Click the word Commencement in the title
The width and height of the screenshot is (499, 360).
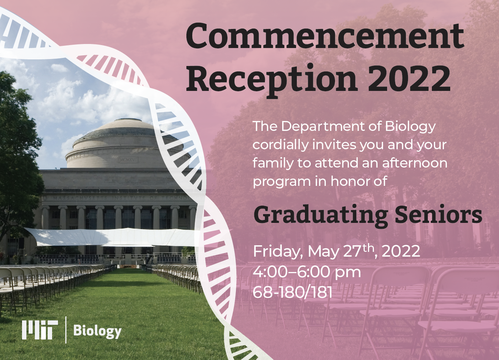325,37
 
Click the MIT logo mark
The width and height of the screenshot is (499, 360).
40,330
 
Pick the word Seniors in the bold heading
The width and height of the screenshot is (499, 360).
438,214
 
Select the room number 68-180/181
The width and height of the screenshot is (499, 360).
293,292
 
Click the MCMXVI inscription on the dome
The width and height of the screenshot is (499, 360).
128,159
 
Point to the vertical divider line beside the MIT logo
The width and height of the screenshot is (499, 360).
66,330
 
